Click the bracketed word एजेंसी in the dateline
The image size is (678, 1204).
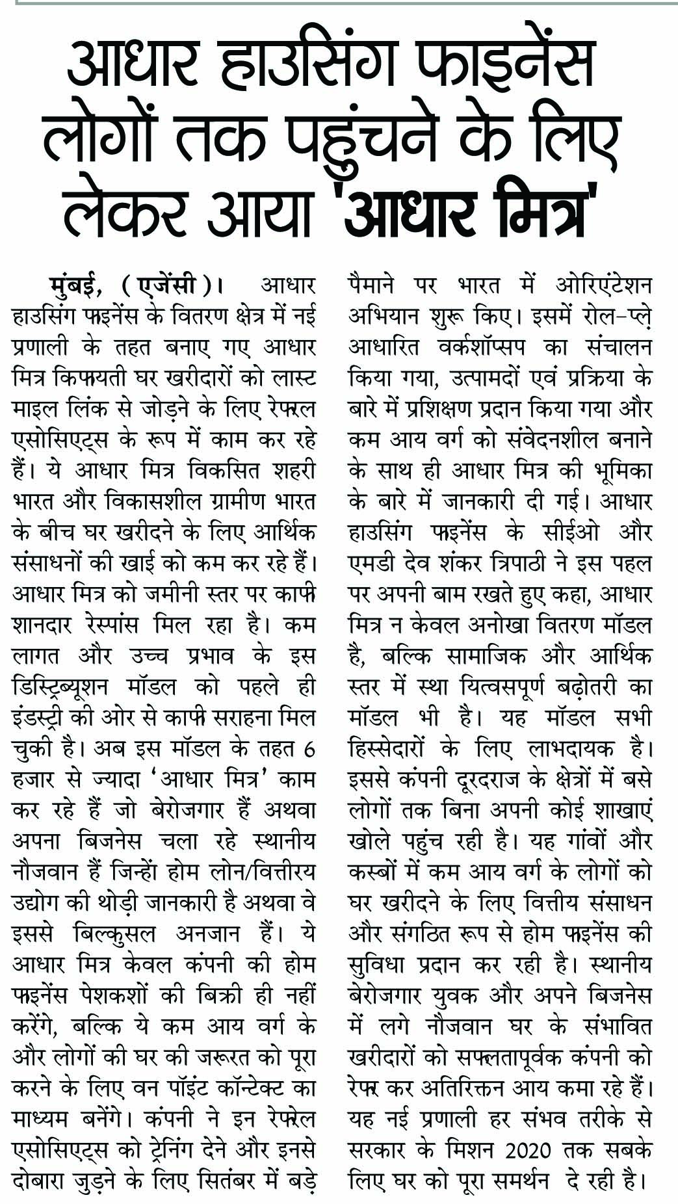(171, 285)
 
